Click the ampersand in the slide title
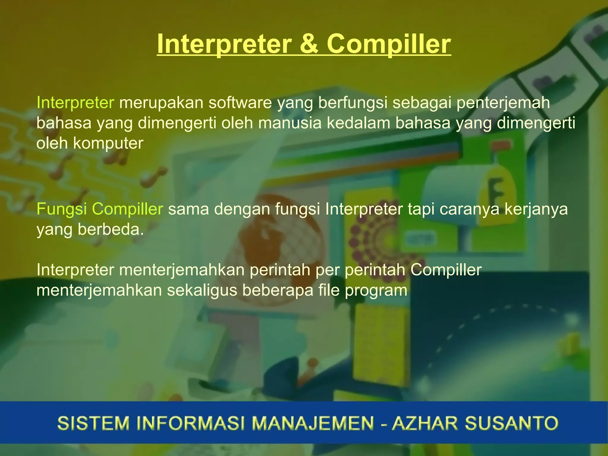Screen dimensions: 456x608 309,44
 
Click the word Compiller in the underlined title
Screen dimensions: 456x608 389,44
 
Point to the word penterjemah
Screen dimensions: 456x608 503,102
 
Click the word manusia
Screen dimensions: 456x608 290,123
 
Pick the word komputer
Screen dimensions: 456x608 108,143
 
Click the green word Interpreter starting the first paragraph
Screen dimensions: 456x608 75,102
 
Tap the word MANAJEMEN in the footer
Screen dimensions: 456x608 313,423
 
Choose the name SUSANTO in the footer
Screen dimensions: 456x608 511,423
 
